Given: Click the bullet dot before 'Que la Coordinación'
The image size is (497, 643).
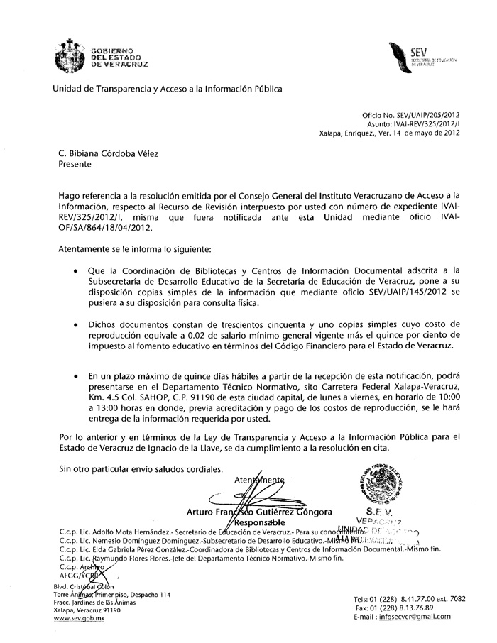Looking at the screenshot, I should pos(76,270).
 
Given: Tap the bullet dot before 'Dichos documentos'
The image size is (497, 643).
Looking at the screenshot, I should pos(76,323).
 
